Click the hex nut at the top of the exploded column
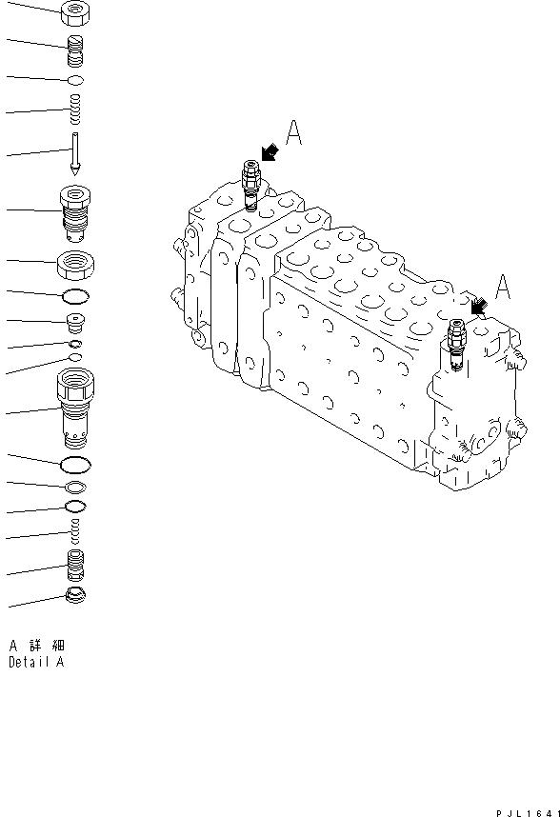coord(74,13)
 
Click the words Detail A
coord(36,662)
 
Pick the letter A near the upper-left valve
coord(294,134)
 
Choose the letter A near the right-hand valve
coord(504,286)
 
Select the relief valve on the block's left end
coord(250,185)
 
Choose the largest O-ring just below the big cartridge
coord(74,465)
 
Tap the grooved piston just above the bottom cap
coord(74,566)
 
